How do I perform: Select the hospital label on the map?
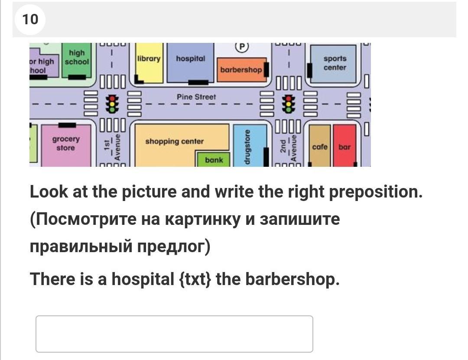[x=190, y=58]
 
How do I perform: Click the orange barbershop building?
[x=241, y=70]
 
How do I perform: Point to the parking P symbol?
[x=242, y=46]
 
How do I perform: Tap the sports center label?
[x=335, y=63]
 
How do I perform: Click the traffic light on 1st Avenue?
[x=113, y=104]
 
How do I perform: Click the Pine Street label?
[x=196, y=97]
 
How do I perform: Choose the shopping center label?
[x=174, y=142]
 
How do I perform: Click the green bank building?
[x=214, y=160]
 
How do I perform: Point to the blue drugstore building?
[x=249, y=146]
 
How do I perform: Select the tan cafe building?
[x=320, y=146]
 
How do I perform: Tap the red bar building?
[x=344, y=146]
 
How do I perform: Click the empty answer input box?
[x=174, y=334]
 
